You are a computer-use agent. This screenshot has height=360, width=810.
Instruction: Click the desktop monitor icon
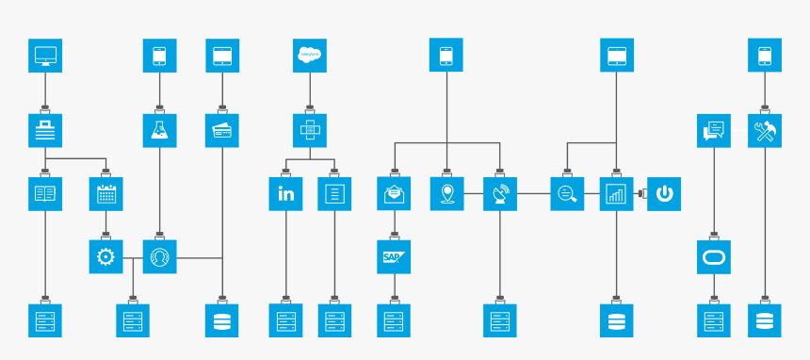tap(45, 56)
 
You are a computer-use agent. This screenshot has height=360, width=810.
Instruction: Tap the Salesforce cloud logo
tap(310, 56)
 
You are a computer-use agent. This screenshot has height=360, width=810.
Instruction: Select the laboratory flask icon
tap(159, 130)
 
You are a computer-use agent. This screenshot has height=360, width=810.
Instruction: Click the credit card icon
tap(222, 130)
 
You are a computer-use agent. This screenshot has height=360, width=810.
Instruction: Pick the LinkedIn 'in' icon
tap(285, 194)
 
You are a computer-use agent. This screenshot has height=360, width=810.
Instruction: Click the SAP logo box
tap(394, 256)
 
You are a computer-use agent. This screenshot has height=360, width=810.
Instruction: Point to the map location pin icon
tap(446, 194)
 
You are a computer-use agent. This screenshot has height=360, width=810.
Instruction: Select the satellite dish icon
tap(500, 194)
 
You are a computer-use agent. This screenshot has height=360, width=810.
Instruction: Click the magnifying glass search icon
tap(567, 194)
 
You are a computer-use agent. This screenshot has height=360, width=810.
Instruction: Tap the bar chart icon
tap(616, 194)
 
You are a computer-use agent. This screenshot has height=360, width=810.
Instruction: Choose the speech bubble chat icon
tap(714, 130)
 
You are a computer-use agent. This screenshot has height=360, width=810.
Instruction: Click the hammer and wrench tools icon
tap(765, 130)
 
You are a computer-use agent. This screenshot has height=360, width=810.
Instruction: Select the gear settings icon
tap(105, 256)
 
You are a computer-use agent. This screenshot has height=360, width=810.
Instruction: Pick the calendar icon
tap(105, 194)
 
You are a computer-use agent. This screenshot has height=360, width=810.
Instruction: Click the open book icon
tap(45, 194)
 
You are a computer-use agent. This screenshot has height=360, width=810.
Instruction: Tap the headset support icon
tap(159, 256)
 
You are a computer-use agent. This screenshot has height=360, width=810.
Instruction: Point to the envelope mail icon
tap(394, 194)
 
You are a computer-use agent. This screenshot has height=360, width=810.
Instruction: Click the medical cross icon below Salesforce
tap(310, 130)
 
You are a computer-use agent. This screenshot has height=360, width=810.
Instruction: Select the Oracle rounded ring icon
tap(714, 256)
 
